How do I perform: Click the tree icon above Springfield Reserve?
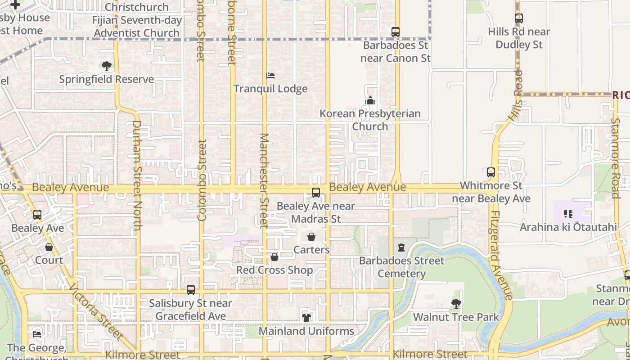click(x=107, y=66)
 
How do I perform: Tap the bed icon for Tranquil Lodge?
click(x=270, y=76)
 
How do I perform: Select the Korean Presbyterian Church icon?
click(x=370, y=100)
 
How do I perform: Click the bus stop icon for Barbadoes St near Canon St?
click(x=396, y=32)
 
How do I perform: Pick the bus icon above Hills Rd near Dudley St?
click(x=519, y=18)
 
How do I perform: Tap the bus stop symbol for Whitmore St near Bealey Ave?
click(x=491, y=172)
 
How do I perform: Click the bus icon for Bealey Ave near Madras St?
click(x=316, y=193)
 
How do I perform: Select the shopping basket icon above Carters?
click(x=311, y=237)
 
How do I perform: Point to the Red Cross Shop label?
click(x=274, y=270)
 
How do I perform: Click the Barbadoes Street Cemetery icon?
click(x=401, y=247)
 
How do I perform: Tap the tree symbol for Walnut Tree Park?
click(x=456, y=304)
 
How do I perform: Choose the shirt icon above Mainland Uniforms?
click(x=306, y=318)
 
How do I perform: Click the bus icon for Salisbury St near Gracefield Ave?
click(x=191, y=290)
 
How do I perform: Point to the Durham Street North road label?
click(x=136, y=175)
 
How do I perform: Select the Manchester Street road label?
click(x=264, y=180)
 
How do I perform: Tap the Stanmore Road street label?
click(x=616, y=157)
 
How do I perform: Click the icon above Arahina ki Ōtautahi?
click(x=568, y=214)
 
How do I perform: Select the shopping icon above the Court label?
click(x=49, y=247)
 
